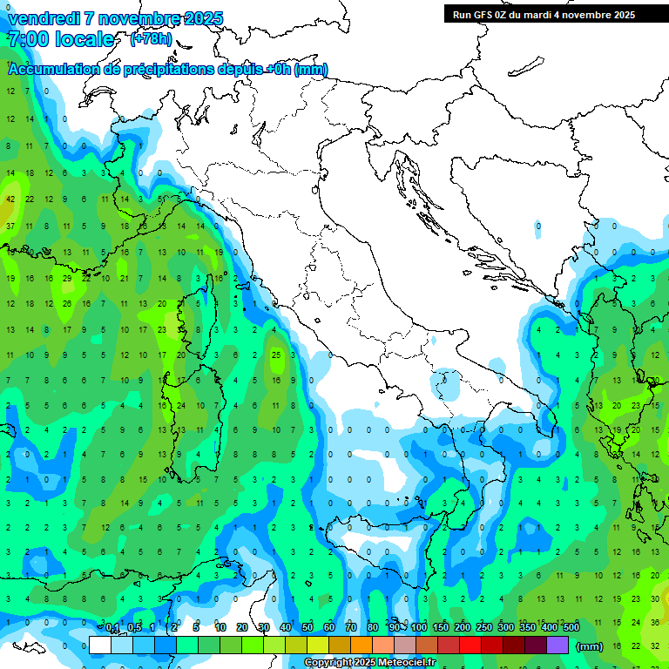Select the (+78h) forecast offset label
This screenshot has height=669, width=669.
[x=150, y=39]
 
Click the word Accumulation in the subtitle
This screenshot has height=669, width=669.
[x=52, y=70]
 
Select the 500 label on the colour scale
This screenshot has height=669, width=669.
[x=571, y=627]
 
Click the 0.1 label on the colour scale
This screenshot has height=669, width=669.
[x=112, y=627]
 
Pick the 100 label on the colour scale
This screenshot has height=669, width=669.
[x=418, y=627]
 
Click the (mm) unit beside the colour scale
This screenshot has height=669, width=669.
[x=590, y=646]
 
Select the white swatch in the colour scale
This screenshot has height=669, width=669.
[x=100, y=645]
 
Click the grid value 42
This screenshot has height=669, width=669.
[x=10, y=199]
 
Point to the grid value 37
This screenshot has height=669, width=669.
[x=10, y=226]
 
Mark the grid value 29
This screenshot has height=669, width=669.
[x=67, y=278]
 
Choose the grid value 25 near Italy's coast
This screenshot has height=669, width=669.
[x=276, y=355]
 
